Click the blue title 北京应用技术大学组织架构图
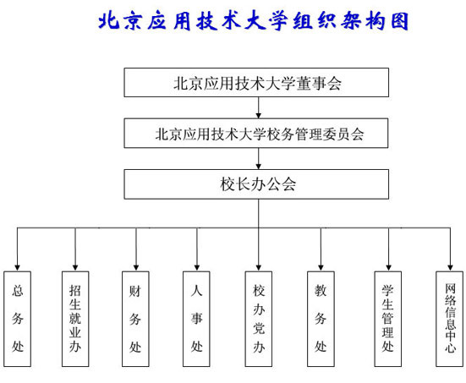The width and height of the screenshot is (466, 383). [x=254, y=21]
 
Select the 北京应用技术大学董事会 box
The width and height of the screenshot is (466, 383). [x=256, y=83]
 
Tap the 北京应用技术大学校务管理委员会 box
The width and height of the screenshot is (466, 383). [x=256, y=133]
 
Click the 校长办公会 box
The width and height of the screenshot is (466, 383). [x=256, y=184]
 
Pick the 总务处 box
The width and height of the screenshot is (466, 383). [x=17, y=319]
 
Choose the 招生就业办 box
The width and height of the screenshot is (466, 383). [x=75, y=319]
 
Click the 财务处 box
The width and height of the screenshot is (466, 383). [x=135, y=319]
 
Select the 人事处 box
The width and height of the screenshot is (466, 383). [x=196, y=319]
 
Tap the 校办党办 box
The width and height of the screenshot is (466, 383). [x=259, y=319]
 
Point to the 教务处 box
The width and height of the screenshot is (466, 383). [x=321, y=319]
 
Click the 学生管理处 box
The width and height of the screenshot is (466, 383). [x=388, y=319]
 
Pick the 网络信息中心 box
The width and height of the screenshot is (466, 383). [x=450, y=319]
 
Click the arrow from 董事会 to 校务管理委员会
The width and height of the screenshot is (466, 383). [x=259, y=107]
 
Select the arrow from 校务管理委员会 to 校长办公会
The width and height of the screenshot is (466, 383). [x=259, y=159]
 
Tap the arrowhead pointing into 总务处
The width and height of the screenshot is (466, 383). [x=17, y=268]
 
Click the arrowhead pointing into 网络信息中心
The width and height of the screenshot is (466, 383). [x=450, y=268]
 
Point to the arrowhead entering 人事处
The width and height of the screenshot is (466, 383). [x=197, y=268]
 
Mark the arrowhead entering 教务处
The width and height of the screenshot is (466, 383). [x=321, y=268]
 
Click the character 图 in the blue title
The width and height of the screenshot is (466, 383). [x=400, y=21]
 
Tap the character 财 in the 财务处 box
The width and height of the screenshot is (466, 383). [x=135, y=291]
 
